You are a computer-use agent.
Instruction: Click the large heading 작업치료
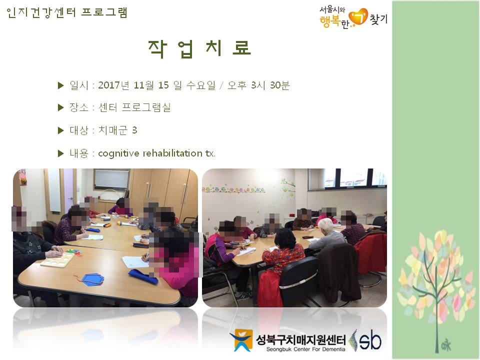click(199, 48)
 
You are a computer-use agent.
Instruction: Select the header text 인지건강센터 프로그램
click(66, 12)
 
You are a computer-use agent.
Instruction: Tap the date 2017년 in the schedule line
click(114, 85)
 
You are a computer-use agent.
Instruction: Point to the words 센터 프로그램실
click(134, 107)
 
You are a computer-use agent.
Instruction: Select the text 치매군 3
click(117, 130)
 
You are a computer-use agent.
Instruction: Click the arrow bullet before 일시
click(60, 85)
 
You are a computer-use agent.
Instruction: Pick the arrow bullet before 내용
click(60, 153)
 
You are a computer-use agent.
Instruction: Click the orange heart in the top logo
click(358, 16)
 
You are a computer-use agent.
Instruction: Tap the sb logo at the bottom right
click(366, 340)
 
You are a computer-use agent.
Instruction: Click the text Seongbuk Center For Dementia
click(305, 349)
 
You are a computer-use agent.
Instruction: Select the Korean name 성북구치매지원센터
click(300, 339)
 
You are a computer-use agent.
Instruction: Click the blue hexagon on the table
click(93, 279)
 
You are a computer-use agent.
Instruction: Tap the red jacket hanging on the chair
click(370, 253)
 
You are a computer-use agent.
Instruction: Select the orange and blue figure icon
click(241, 340)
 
